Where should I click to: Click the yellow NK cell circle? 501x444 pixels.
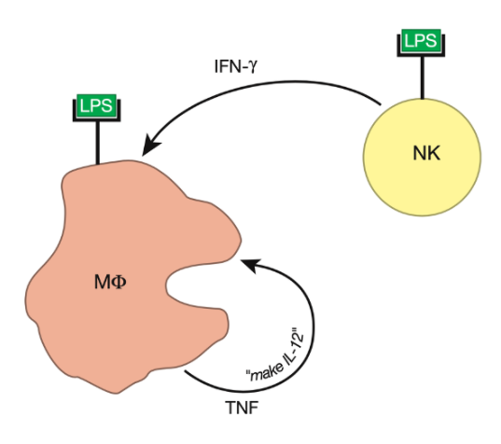[x=422, y=157]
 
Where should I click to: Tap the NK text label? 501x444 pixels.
[x=426, y=153]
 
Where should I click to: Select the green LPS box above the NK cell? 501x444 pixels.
[x=421, y=40]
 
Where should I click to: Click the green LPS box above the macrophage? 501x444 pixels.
[x=96, y=105]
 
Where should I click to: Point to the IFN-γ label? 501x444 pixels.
[x=236, y=67]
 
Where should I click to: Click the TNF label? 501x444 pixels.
[x=242, y=408]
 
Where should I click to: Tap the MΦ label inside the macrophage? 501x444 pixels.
[x=110, y=283]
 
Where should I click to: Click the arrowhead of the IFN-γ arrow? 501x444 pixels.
[x=150, y=146]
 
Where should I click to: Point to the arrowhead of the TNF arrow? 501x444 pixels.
[x=251, y=265]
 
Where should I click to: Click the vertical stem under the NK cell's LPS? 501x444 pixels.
[x=423, y=77]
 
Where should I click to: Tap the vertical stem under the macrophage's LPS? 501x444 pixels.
[x=98, y=143]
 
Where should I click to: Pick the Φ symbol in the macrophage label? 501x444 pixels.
[x=119, y=283]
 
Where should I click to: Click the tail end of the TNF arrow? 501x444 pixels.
[x=186, y=371]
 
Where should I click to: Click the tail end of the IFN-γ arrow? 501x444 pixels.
[x=381, y=104]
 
